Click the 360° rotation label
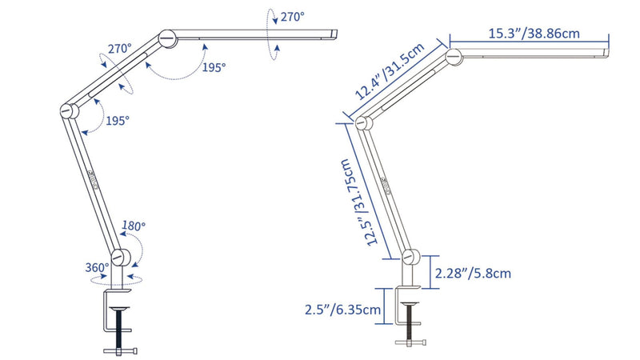(x=97, y=268)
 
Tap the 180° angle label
(x=134, y=226)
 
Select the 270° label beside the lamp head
(x=292, y=17)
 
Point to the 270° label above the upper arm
(x=120, y=49)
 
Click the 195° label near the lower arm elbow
(x=118, y=121)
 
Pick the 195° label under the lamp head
(x=214, y=67)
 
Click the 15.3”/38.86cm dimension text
(x=534, y=34)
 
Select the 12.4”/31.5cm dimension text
(x=390, y=71)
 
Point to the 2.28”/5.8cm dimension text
(x=473, y=273)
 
